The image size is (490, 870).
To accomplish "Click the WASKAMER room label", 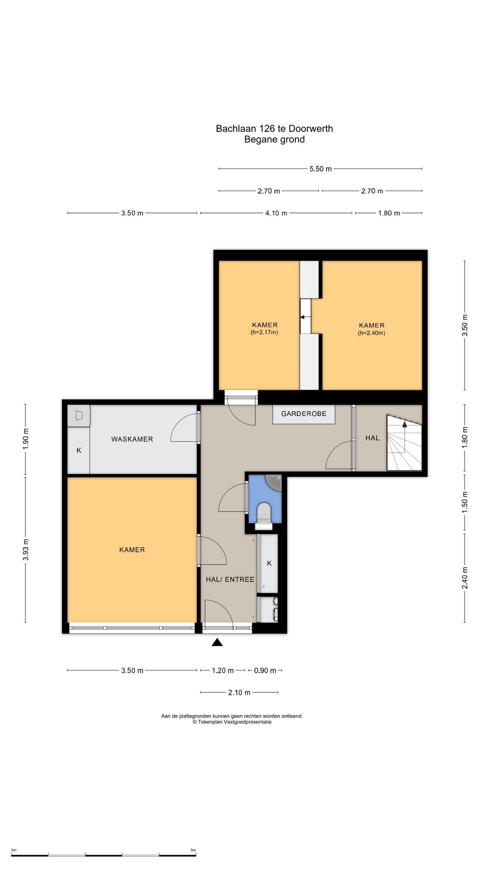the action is tap(132, 439).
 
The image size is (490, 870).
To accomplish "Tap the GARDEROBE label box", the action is tap(304, 414).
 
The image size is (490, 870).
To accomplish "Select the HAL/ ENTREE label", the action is tap(230, 580).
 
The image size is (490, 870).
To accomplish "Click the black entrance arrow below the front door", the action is tap(217, 642).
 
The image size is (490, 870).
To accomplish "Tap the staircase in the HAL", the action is tap(404, 443).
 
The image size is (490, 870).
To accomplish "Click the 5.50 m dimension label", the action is tap(321, 169).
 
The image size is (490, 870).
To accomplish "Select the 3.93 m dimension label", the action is tap(26, 550).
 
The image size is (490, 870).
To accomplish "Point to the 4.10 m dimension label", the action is tap(276, 213).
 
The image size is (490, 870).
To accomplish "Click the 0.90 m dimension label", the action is tap(265, 671).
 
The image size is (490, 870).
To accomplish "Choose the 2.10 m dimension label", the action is tap(239, 693).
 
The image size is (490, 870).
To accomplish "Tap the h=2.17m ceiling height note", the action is tap(265, 332).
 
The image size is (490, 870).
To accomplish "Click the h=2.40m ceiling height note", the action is tap(372, 333).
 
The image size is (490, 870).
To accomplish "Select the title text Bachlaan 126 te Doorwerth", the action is tap(274, 129).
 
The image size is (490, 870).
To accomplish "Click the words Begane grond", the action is tap(274, 140).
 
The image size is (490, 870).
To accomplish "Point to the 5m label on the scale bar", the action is tap(193, 850).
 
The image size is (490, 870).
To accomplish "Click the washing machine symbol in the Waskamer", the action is tap(79, 416).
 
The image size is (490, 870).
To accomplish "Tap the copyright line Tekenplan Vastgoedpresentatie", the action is tap(232, 722).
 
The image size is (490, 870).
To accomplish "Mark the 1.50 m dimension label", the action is tap(465, 503).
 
